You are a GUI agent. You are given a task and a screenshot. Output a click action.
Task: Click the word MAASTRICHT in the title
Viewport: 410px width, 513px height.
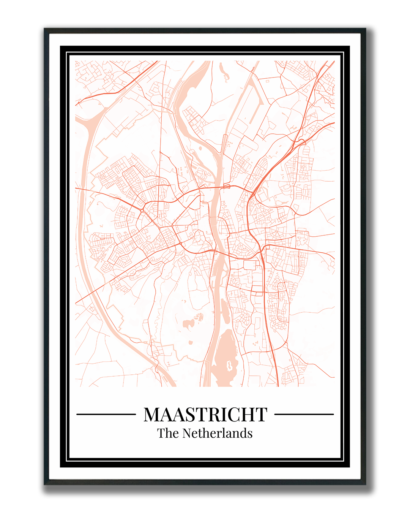click(205, 415)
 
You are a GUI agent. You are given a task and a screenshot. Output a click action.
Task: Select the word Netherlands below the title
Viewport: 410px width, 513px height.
click(218, 433)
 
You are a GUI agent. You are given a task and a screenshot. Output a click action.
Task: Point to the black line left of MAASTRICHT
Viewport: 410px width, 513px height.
click(106, 414)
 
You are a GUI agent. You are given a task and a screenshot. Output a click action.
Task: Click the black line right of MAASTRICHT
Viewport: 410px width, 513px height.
click(304, 414)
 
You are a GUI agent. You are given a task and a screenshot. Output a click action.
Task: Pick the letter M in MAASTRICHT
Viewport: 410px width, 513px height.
click(153, 415)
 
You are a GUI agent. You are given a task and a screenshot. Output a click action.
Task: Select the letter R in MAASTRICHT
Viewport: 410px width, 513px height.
click(214, 415)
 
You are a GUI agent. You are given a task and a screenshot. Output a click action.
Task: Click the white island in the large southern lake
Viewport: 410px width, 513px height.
click(229, 366)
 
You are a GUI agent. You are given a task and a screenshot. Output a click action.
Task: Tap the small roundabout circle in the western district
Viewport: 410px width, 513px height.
click(142, 211)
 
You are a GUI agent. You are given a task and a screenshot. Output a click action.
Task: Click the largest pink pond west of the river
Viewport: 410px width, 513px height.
click(188, 324)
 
